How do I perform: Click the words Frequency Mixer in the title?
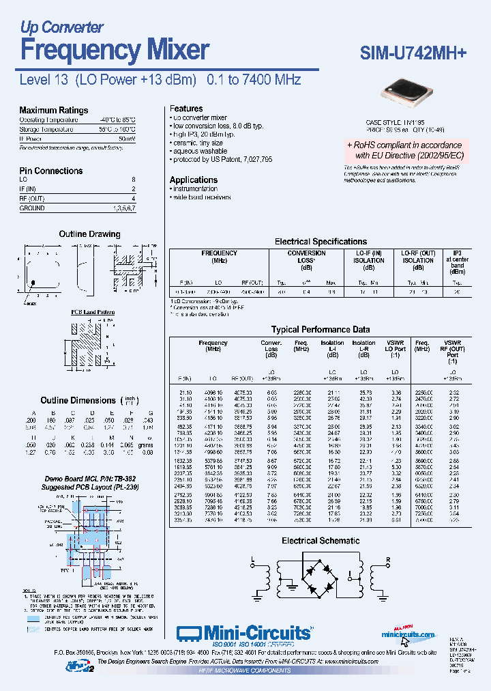(x=115, y=50)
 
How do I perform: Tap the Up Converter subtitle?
(x=61, y=27)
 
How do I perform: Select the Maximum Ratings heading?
(x=53, y=110)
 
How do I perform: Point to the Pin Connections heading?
(x=50, y=171)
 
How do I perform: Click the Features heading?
(x=186, y=109)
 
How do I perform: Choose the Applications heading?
(x=194, y=180)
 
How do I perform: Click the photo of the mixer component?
(x=408, y=93)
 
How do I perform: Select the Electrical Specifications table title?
(x=321, y=242)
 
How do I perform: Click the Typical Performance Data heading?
(x=321, y=329)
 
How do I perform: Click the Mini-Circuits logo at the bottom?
(x=244, y=633)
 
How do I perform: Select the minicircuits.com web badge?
(x=408, y=633)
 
